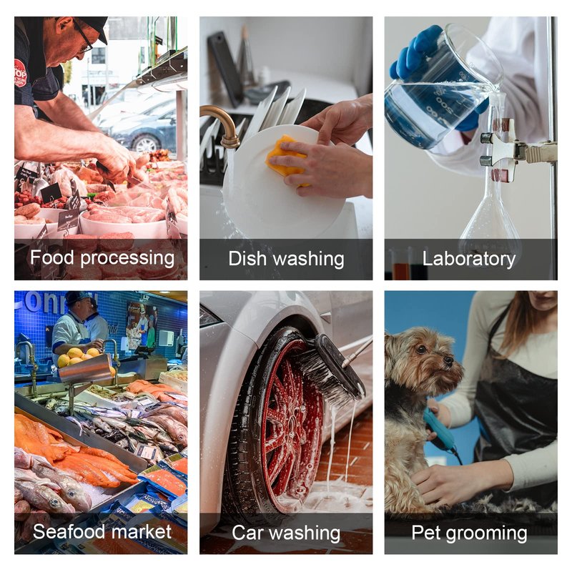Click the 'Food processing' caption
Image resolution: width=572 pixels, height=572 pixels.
click(x=102, y=258)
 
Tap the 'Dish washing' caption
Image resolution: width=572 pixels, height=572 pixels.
click(x=286, y=259)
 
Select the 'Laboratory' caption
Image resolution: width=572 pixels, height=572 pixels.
click(x=469, y=259)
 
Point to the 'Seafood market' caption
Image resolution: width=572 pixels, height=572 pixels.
click(x=102, y=531)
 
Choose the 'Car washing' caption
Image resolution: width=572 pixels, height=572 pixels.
click(x=286, y=533)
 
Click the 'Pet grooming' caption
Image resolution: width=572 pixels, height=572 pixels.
click(x=469, y=533)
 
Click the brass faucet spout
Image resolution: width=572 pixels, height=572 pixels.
click(x=223, y=124)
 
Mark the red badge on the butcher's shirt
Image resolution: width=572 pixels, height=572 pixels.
click(x=20, y=74)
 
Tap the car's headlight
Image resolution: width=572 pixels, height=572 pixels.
click(x=209, y=316)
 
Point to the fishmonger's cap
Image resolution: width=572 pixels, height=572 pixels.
click(x=77, y=297)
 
